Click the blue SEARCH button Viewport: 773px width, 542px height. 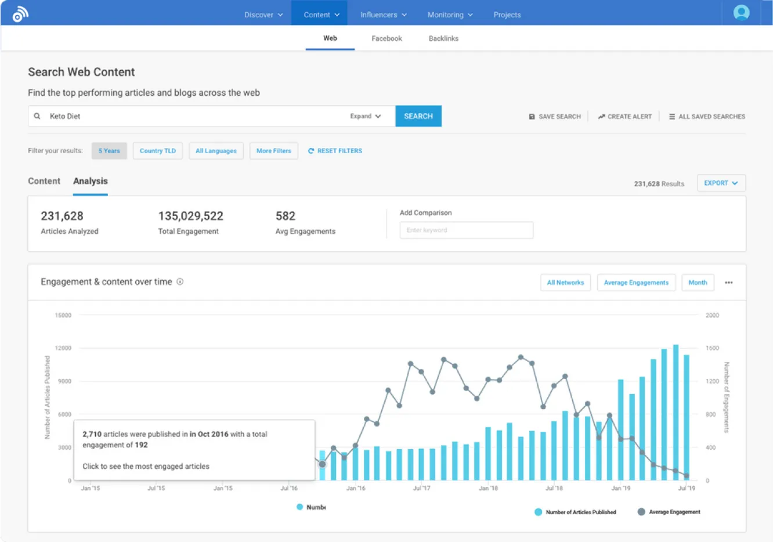point(418,116)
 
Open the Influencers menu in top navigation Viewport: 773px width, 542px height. point(383,15)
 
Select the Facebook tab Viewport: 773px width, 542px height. point(386,38)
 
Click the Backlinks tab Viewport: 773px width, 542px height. point(443,38)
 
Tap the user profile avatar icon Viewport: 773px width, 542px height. point(741,13)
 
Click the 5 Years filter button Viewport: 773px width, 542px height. point(109,151)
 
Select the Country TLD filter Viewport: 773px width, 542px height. point(157,151)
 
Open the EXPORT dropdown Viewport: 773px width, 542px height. point(721,183)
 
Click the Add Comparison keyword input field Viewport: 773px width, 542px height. point(466,230)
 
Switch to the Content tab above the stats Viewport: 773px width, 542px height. point(44,181)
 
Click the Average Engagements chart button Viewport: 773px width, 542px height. point(636,283)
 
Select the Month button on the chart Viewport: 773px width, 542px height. point(698,283)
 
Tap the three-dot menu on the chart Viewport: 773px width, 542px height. point(729,283)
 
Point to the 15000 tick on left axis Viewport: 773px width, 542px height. point(63,316)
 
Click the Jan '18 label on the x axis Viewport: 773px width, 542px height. point(488,488)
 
